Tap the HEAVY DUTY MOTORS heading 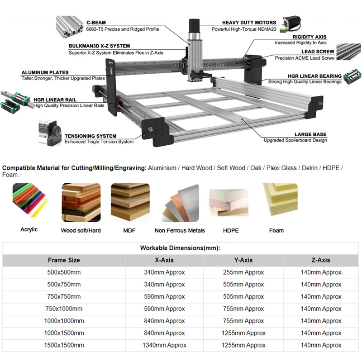[249, 23]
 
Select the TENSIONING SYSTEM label [90, 136]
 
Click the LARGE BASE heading [310, 134]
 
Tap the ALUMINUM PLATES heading [45, 72]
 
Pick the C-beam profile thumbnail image [69, 26]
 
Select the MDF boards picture [130, 200]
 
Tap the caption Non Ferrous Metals [180, 230]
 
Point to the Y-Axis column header [243, 260]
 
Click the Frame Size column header [64, 260]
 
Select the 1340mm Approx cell [164, 345]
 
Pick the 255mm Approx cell [243, 272]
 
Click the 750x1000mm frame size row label [64, 309]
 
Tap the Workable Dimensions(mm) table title [180, 248]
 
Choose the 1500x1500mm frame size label [64, 345]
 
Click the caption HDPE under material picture [231, 230]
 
